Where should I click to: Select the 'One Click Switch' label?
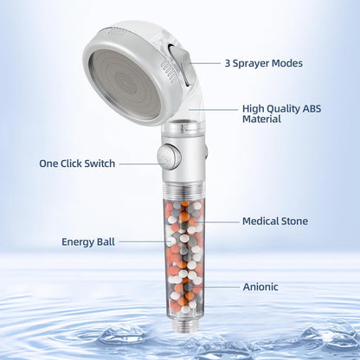[x=75, y=163]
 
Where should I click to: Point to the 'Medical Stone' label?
[x=274, y=222]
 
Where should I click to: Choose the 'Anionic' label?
[x=260, y=286]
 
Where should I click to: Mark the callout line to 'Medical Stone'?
[x=221, y=222]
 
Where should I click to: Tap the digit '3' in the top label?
[x=228, y=63]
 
